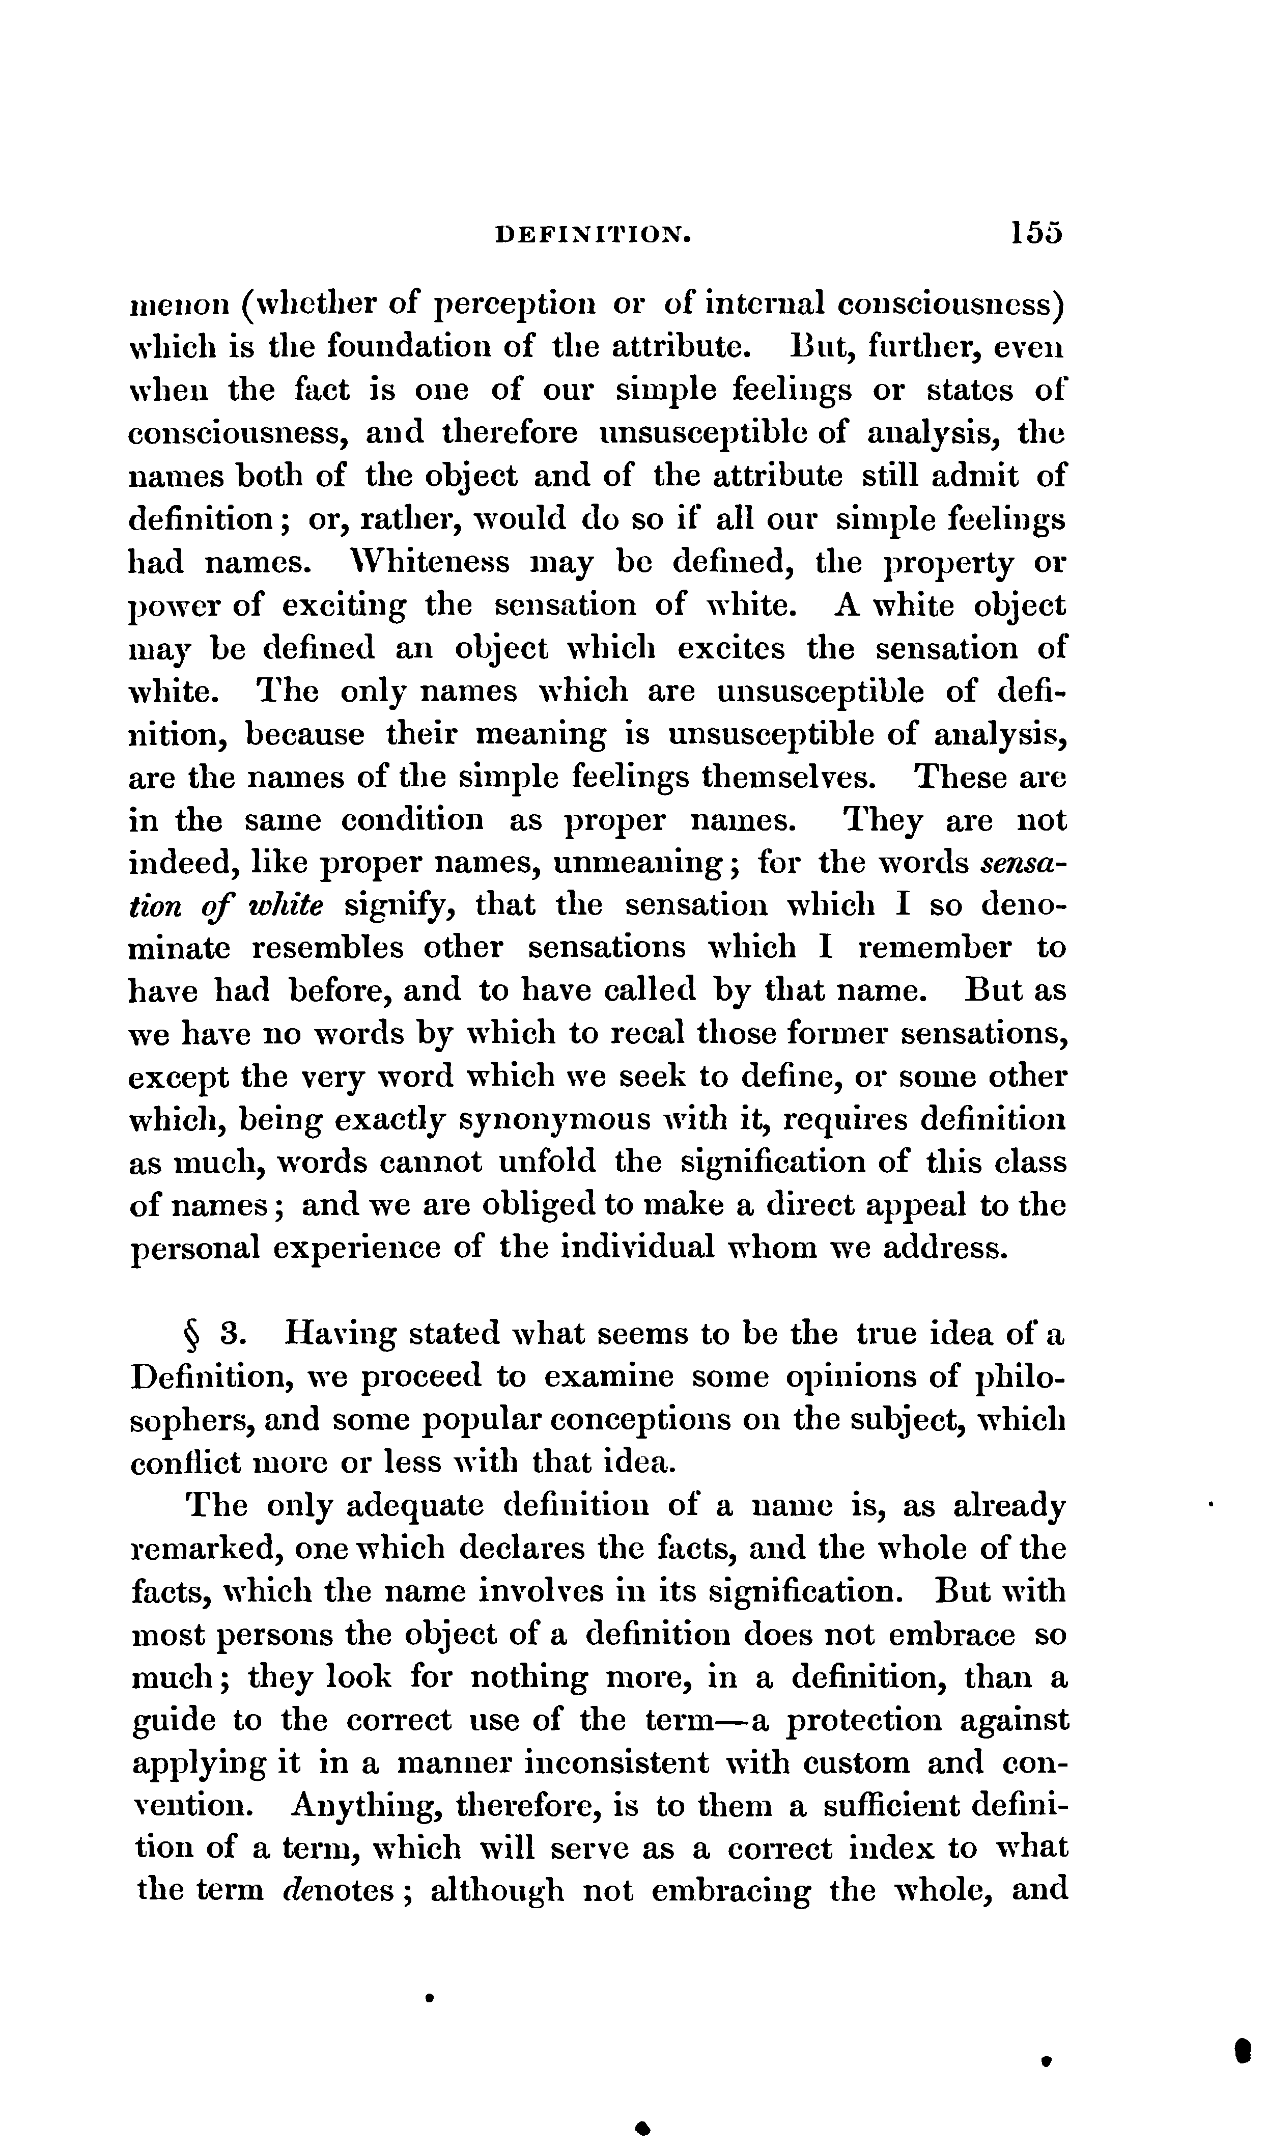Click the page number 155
point(1036,232)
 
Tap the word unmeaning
point(639,864)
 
